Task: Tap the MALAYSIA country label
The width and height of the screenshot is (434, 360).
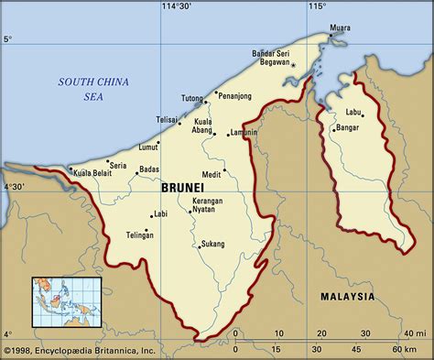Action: point(347,297)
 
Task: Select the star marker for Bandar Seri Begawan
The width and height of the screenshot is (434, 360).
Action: point(294,67)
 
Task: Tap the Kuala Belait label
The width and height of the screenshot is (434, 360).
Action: point(93,171)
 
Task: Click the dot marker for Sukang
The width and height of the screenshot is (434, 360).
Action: point(198,245)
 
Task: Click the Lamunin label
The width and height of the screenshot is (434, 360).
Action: point(244,134)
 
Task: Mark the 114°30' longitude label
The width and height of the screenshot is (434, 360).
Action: point(177,6)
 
